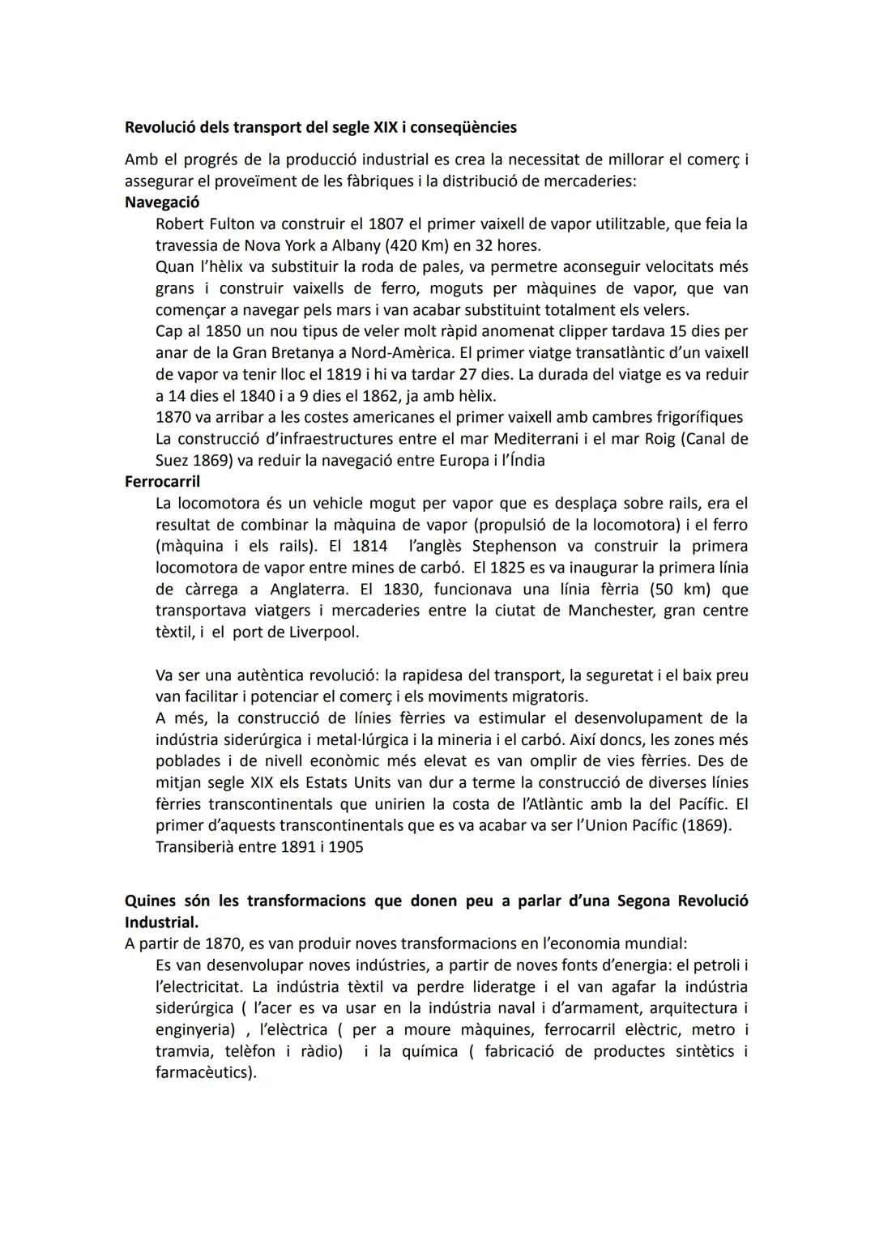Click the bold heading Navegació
click(x=162, y=202)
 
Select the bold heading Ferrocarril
click(x=162, y=482)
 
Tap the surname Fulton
click(x=232, y=224)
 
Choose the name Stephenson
click(x=514, y=546)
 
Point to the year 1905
click(x=345, y=847)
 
